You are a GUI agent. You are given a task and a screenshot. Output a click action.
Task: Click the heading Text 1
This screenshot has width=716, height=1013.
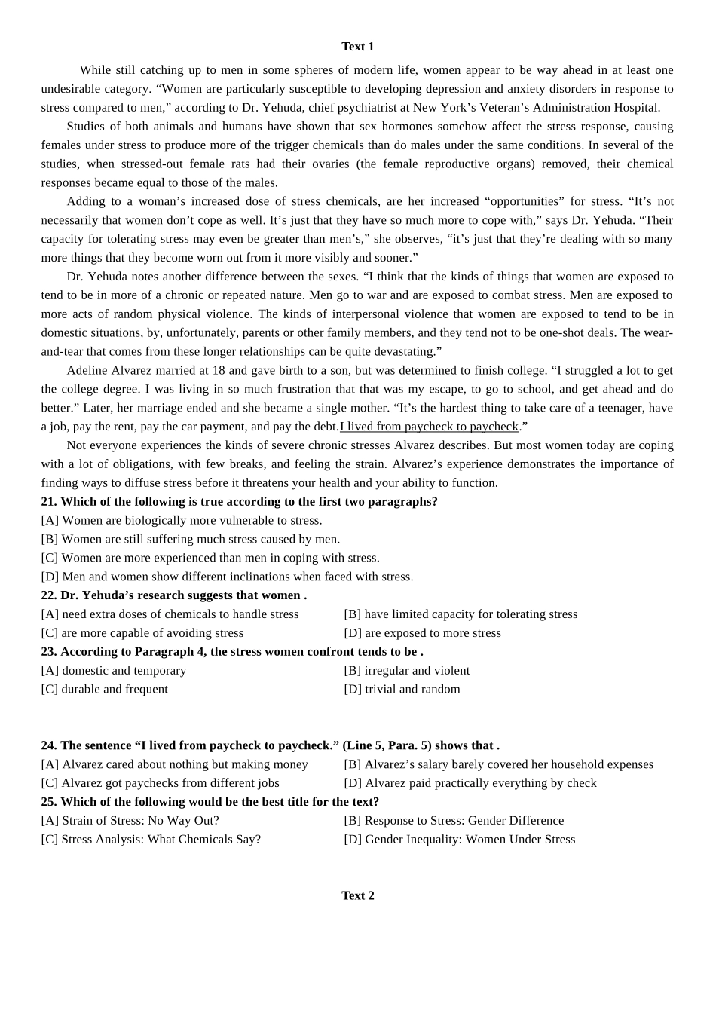pos(357,47)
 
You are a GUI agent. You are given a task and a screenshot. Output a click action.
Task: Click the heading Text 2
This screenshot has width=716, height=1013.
pos(357,895)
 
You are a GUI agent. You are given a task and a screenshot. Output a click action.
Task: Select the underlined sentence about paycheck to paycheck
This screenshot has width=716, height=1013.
pos(430,427)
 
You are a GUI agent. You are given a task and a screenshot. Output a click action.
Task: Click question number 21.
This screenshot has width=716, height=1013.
pos(49,502)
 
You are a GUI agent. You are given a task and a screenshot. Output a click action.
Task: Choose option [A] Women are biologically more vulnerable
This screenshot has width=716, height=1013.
pos(182,521)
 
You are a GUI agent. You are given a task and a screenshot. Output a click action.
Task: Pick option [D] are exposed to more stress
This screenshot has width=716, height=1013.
pos(422,633)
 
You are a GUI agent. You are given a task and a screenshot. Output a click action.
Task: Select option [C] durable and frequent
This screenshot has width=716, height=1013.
pos(105,690)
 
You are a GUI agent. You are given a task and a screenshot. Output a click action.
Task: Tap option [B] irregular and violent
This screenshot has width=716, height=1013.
pos(406,671)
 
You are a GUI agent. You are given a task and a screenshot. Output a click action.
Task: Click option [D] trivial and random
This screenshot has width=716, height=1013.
pos(402,690)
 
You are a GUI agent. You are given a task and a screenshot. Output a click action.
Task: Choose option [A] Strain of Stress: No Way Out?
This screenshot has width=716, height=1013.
pos(130,821)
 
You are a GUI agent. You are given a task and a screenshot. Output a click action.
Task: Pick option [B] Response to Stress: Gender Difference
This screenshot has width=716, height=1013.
pos(454,821)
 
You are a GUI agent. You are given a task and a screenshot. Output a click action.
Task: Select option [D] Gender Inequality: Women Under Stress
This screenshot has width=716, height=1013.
pos(459,840)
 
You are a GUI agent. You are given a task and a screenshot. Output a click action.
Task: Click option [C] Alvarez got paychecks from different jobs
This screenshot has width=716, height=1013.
pos(160,783)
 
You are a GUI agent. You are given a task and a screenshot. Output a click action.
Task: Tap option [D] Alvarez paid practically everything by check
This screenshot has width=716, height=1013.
pos(470,783)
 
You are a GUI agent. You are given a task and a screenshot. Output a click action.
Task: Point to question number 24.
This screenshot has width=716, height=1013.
pos(49,745)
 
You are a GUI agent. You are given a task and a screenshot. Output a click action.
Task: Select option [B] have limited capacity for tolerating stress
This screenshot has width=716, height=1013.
pos(461,614)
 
